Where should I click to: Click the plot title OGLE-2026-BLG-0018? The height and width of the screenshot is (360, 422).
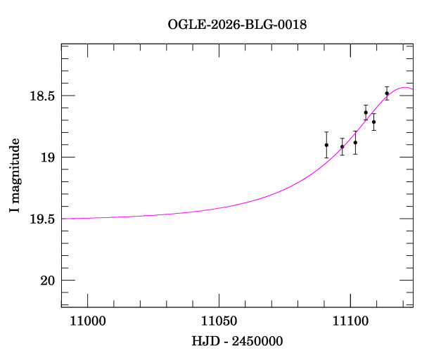(x=237, y=24)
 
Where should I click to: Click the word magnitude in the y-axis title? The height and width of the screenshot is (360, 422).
(x=15, y=168)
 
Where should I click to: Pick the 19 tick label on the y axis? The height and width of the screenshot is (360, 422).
(x=47, y=157)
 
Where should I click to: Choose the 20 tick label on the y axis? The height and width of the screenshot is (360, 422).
(x=47, y=281)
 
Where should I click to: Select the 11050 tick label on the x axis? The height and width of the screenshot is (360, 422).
(x=219, y=323)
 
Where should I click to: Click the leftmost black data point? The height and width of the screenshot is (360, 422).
(x=326, y=145)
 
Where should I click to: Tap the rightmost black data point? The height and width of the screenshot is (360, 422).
(x=387, y=94)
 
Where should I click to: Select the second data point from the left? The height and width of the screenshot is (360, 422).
(x=343, y=146)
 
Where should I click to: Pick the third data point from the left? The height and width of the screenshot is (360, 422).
(x=355, y=142)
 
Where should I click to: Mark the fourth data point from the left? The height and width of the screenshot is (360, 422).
(x=366, y=112)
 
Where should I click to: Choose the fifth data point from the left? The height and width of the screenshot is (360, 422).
(x=373, y=122)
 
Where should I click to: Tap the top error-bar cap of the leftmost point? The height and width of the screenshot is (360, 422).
(x=326, y=131)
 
